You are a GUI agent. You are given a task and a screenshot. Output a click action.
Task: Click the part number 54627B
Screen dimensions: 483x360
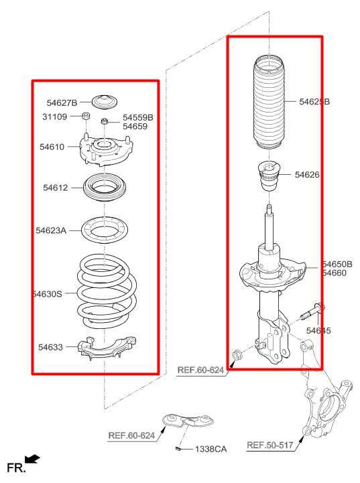pyautogui.click(x=62, y=102)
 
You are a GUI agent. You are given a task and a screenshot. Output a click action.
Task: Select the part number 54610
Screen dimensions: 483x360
pyautogui.click(x=52, y=146)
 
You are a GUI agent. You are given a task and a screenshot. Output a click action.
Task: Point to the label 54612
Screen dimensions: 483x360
pyautogui.click(x=56, y=188)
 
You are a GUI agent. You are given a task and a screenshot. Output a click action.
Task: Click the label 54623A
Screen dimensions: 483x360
pyautogui.click(x=52, y=230)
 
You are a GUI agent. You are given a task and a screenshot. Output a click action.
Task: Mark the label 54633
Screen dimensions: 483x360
pyautogui.click(x=50, y=347)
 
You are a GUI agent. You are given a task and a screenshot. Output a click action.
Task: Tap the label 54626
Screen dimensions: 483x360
pyautogui.click(x=308, y=175)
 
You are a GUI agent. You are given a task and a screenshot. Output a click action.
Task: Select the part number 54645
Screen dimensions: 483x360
pyautogui.click(x=318, y=330)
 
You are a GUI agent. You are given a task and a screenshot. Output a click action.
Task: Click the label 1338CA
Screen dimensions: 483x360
pyautogui.click(x=211, y=449)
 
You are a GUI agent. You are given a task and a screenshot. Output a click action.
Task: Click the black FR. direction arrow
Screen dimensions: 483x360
pyautogui.click(x=31, y=460)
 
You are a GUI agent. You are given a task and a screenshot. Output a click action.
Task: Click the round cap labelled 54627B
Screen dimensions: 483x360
pyautogui.click(x=103, y=101)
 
